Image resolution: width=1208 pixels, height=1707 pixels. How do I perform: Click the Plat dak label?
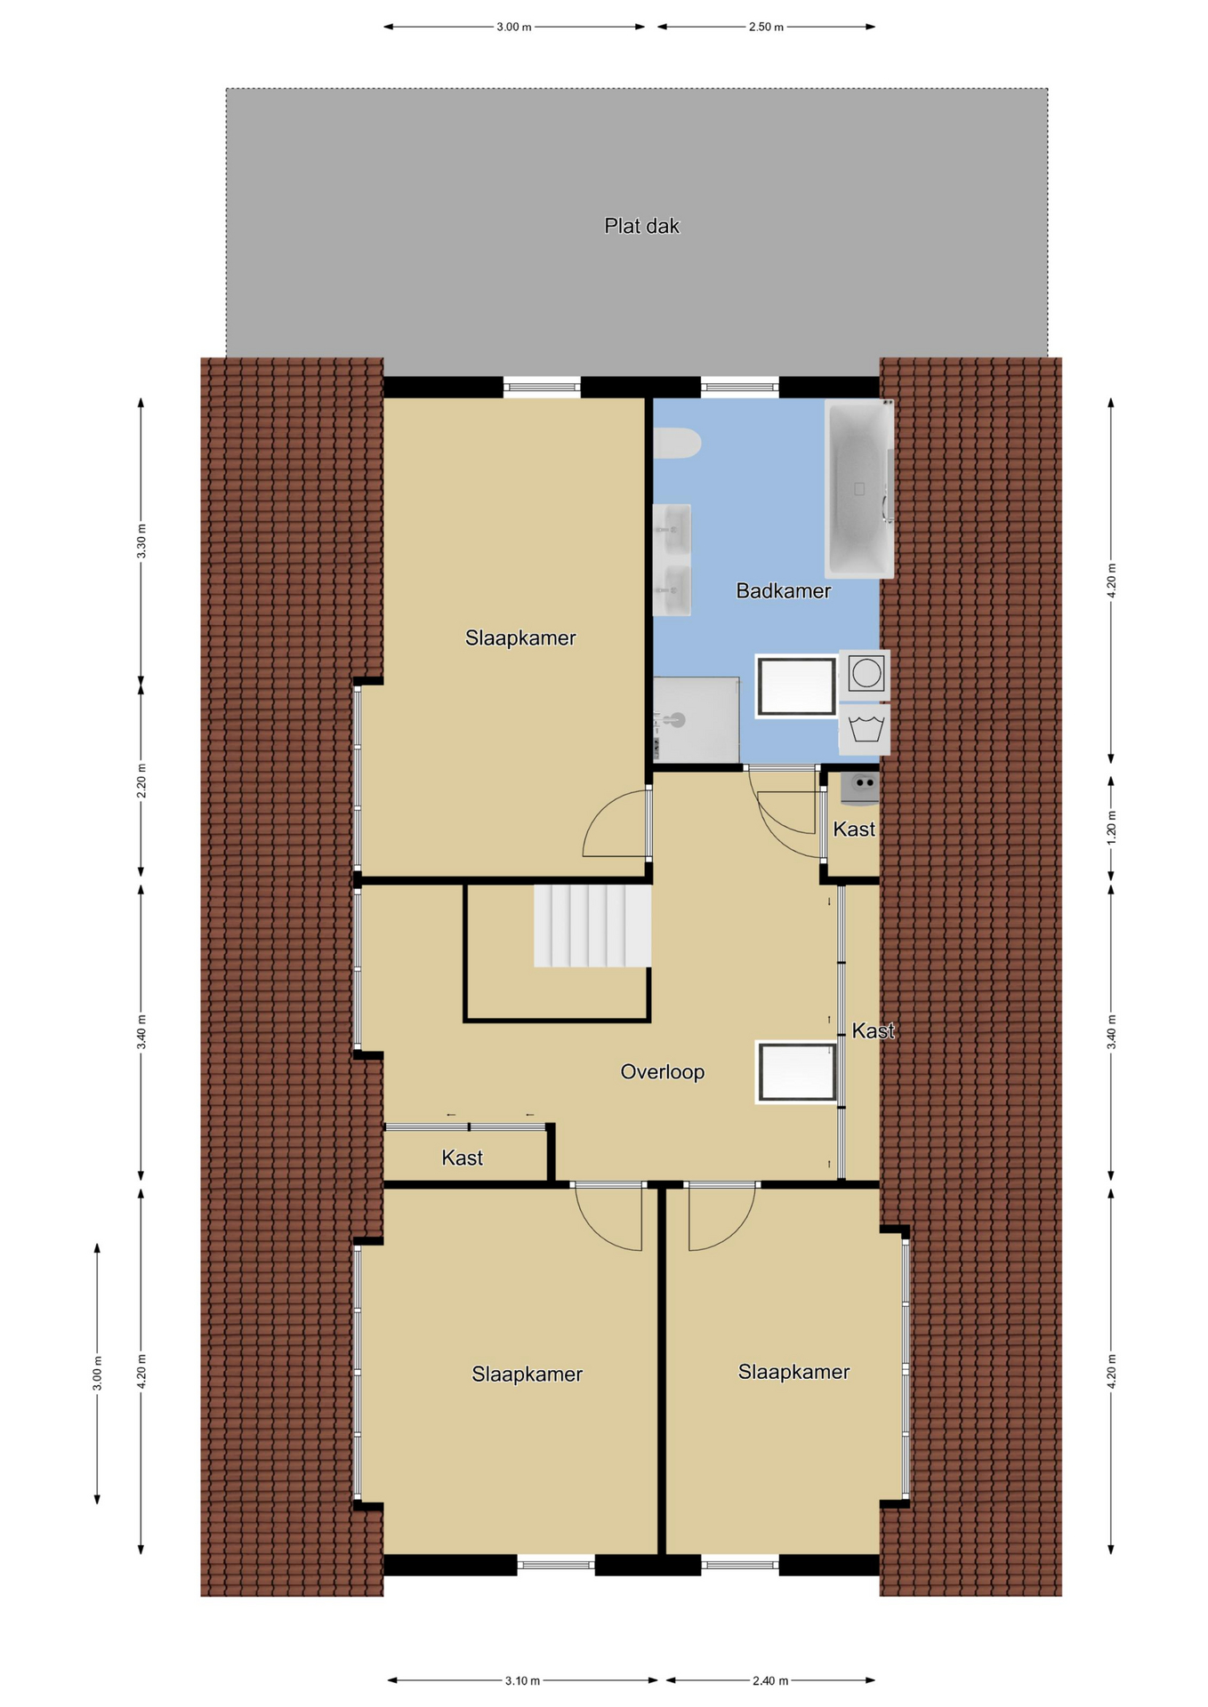pyautogui.click(x=641, y=226)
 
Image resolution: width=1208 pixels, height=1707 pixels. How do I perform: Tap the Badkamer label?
pyautogui.click(x=783, y=590)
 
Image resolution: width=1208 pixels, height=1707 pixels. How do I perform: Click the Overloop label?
pyautogui.click(x=662, y=1071)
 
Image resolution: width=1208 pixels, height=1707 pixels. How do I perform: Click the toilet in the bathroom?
pyautogui.click(x=677, y=444)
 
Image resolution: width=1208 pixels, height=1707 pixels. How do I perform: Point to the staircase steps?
pyautogui.click(x=592, y=926)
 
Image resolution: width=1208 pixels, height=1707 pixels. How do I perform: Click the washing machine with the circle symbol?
pyautogui.click(x=865, y=674)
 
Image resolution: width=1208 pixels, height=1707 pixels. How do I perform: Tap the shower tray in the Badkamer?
pyautogui.click(x=697, y=719)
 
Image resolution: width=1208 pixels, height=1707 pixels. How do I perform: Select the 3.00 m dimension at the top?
pyautogui.click(x=514, y=27)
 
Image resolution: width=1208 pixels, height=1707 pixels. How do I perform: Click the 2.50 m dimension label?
pyautogui.click(x=766, y=27)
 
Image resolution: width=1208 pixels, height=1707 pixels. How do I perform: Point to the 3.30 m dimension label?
pyautogui.click(x=141, y=541)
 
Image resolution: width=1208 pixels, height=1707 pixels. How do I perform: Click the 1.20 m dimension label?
pyautogui.click(x=1111, y=827)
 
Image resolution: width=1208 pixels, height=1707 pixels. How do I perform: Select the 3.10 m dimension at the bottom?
pyautogui.click(x=523, y=1680)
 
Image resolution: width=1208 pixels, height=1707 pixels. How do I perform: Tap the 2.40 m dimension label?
pyautogui.click(x=770, y=1680)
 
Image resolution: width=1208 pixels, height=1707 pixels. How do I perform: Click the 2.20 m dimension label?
pyautogui.click(x=141, y=781)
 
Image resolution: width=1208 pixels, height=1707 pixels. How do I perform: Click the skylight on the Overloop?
pyautogui.click(x=797, y=1071)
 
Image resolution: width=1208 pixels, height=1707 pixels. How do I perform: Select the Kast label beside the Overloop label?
pyautogui.click(x=873, y=1030)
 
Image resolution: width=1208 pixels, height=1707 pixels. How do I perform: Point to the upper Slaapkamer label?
pyautogui.click(x=520, y=637)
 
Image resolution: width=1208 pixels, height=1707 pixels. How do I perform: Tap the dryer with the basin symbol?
pyautogui.click(x=865, y=730)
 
